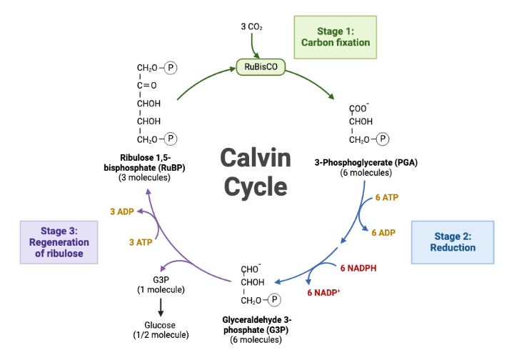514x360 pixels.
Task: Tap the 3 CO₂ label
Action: tap(252, 26)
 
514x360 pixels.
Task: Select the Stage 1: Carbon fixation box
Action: tap(335, 36)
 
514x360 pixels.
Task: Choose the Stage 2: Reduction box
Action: tap(453, 242)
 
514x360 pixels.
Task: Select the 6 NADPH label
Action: tap(358, 268)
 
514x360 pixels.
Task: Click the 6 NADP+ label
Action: tap(323, 293)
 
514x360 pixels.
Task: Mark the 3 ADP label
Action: tap(122, 211)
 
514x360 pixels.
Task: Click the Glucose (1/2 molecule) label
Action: tap(161, 329)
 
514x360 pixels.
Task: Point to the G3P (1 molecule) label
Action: tap(161, 284)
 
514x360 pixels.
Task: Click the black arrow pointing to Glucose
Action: tap(161, 306)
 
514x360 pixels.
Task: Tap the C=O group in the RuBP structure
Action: tap(147, 86)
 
